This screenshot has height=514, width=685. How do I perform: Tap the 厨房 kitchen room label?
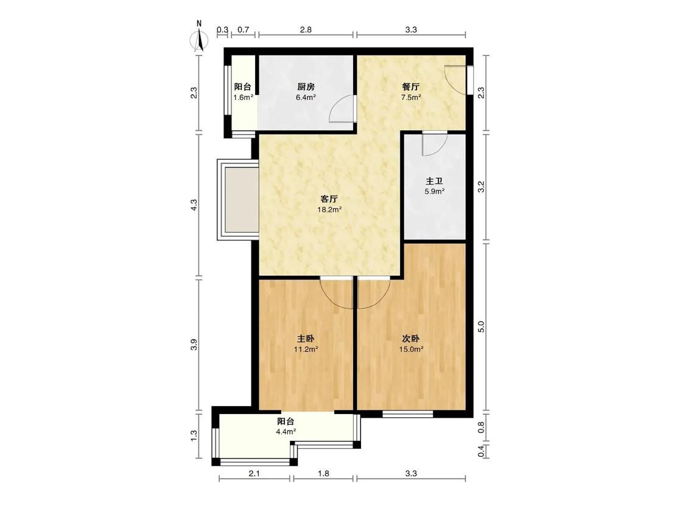pos(306,87)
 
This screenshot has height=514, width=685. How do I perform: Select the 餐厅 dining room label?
pos(411,87)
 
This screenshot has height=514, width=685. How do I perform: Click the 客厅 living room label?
pos(329,199)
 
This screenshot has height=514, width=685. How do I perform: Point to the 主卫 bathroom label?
pos(434,181)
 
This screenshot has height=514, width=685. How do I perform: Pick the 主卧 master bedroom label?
pos(306,339)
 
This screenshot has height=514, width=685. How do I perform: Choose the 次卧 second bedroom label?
pos(411,339)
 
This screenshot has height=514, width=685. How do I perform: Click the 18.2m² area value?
pos(329,209)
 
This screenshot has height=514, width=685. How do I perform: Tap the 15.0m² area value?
pos(411,350)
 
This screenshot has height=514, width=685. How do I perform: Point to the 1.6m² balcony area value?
pos(243,97)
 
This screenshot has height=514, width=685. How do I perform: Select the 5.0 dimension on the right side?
pos(481,326)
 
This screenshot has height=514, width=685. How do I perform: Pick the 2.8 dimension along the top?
pos(306,30)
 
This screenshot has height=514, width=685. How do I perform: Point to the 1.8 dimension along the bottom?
pos(323,473)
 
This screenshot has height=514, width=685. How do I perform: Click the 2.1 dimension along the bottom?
pos(255,473)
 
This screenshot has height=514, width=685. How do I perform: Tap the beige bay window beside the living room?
pos(238,200)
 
